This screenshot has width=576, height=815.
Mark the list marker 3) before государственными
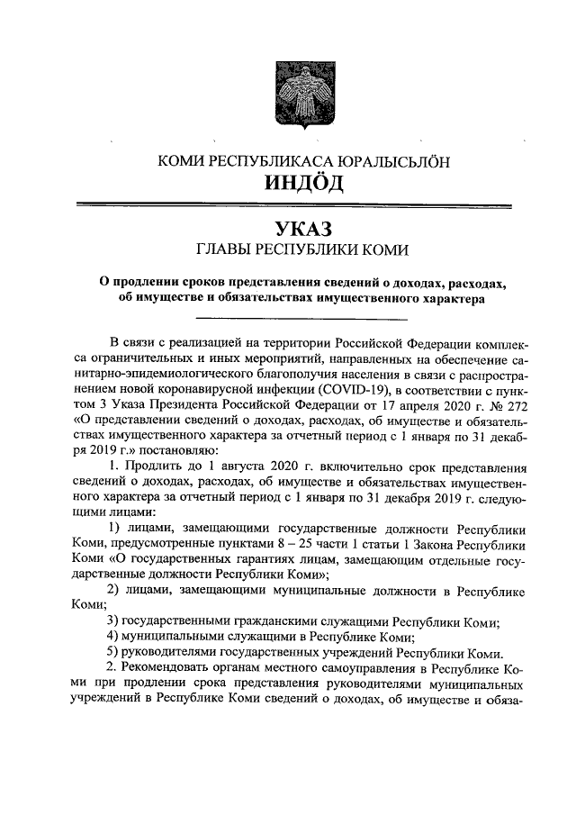[112, 622]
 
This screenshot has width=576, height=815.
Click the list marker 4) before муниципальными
[112, 638]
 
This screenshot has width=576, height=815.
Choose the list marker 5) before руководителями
[112, 653]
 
